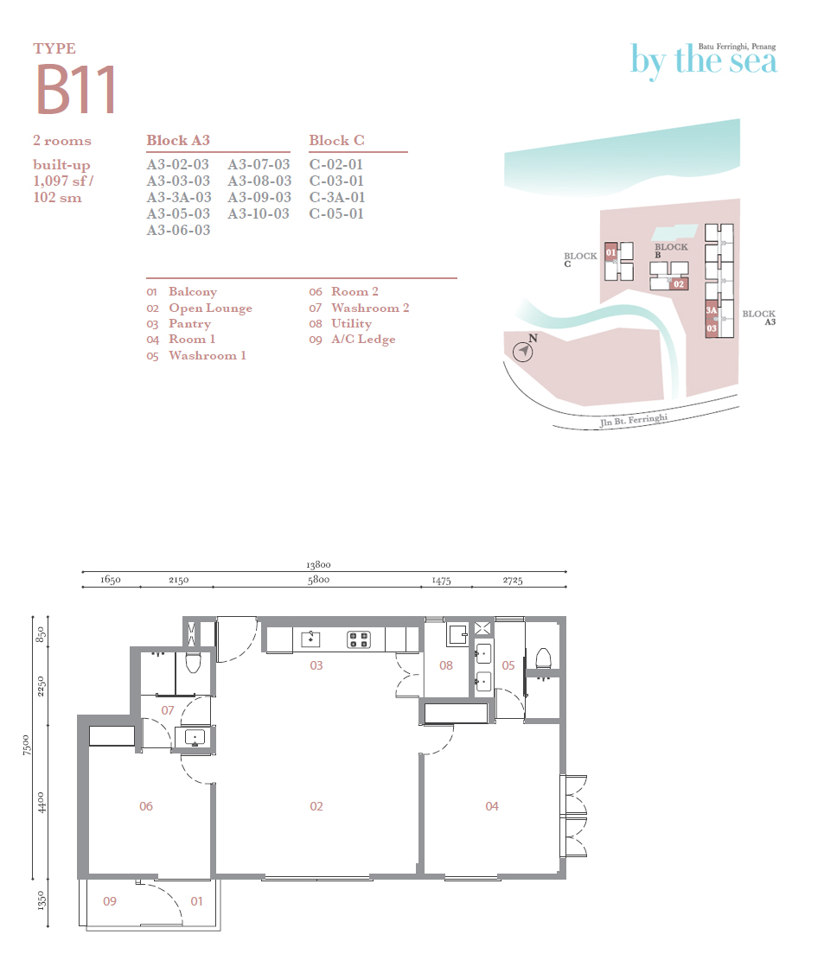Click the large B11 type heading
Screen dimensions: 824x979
point(76,90)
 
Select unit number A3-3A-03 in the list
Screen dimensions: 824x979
point(179,197)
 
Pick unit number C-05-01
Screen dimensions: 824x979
point(336,213)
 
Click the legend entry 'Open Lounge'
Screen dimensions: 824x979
point(210,308)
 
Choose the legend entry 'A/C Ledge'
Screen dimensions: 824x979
point(363,340)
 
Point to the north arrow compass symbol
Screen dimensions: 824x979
point(523,352)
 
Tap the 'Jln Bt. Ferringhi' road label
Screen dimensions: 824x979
point(634,420)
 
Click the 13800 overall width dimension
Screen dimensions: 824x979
point(318,564)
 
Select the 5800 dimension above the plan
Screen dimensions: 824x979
point(318,580)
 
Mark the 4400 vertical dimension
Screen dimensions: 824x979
point(42,803)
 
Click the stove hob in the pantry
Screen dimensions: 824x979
point(359,639)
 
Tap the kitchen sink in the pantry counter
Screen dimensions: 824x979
point(310,639)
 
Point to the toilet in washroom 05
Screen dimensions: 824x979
point(544,658)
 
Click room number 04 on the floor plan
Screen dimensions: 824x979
point(492,806)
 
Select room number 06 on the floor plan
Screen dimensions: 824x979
point(145,806)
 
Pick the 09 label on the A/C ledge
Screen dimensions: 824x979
point(109,901)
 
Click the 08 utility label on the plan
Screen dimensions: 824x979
point(445,665)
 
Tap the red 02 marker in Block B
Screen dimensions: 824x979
point(679,284)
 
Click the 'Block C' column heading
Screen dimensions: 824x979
point(336,141)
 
